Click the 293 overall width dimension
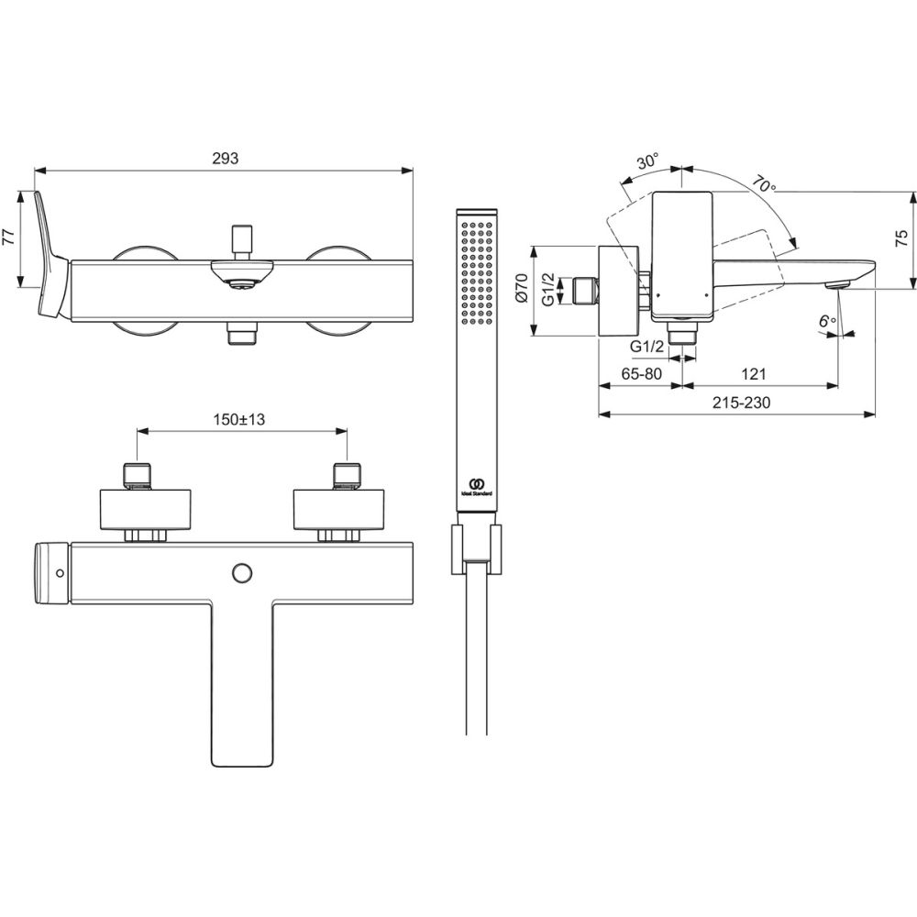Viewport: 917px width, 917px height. (226, 159)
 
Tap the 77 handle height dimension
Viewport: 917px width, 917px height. (9, 238)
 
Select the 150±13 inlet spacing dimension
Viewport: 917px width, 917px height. (238, 419)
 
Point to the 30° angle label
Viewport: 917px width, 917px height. (648, 161)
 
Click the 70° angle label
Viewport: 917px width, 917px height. (764, 185)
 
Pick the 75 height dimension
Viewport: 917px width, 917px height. (902, 238)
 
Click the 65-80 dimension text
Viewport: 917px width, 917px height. (641, 374)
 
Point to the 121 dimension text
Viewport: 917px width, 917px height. (753, 374)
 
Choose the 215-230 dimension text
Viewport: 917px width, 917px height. (741, 403)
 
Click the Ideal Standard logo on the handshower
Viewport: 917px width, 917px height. (477, 487)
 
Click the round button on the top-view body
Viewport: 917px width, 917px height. (241, 573)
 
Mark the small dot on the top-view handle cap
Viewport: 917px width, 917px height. (59, 573)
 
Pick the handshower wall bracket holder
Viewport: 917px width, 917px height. (476, 549)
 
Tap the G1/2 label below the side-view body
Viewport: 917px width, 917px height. (646, 347)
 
